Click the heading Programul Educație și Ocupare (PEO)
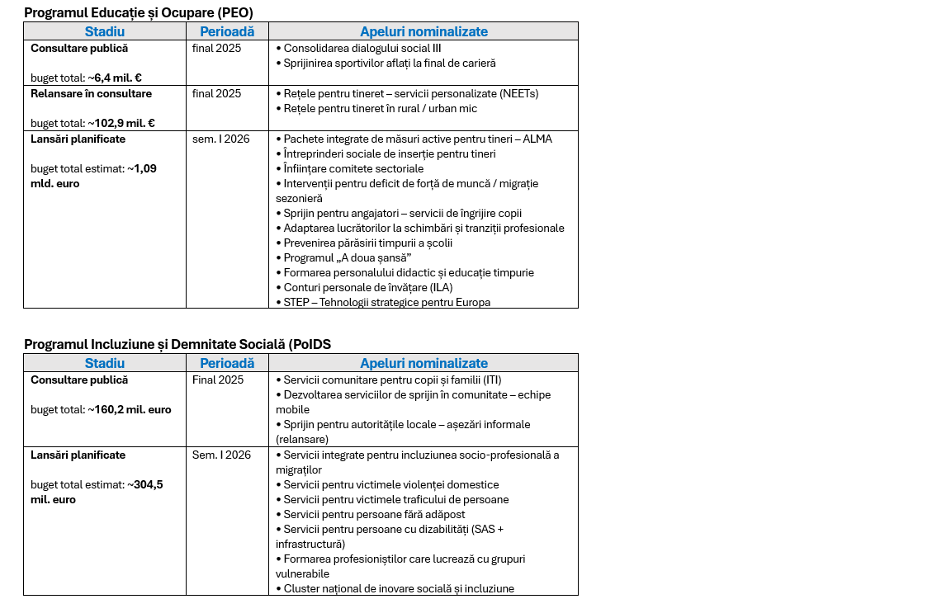pyautogui.click(x=139, y=13)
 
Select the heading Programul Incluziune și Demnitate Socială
pyautogui.click(x=177, y=344)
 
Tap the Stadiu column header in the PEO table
pyautogui.click(x=105, y=31)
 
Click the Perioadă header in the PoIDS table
pyautogui.click(x=227, y=363)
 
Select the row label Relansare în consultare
pyautogui.click(x=91, y=94)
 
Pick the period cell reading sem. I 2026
pyautogui.click(x=220, y=139)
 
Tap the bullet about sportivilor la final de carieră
pyautogui.click(x=389, y=64)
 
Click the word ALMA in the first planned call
pyautogui.click(x=537, y=139)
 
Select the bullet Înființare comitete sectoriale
pyautogui.click(x=353, y=169)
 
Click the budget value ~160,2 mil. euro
pyautogui.click(x=130, y=410)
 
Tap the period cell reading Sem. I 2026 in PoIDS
pyautogui.click(x=221, y=455)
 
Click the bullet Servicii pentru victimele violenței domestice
pyautogui.click(x=390, y=485)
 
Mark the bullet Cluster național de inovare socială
pyautogui.click(x=398, y=589)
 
